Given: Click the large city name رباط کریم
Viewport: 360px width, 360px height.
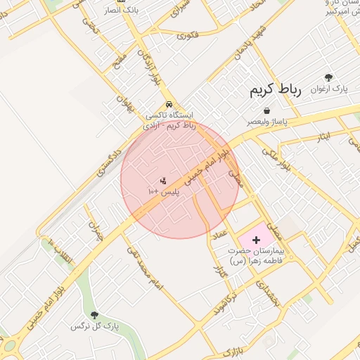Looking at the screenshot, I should pyautogui.click(x=275, y=91).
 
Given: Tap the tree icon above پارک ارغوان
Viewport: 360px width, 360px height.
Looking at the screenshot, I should pyautogui.click(x=328, y=77).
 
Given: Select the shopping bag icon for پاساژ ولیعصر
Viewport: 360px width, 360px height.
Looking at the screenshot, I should pyautogui.click(x=267, y=110).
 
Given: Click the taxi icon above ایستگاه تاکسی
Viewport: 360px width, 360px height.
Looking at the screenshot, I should pyautogui.click(x=169, y=105).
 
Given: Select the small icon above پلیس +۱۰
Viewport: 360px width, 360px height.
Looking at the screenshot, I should pyautogui.click(x=163, y=181).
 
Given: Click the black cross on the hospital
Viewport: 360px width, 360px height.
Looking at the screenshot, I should pyautogui.click(x=255, y=240).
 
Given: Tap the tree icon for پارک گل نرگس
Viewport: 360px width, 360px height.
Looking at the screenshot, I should pyautogui.click(x=94, y=315).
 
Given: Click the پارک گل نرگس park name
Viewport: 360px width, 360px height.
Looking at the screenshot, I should pyautogui.click(x=95, y=327).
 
